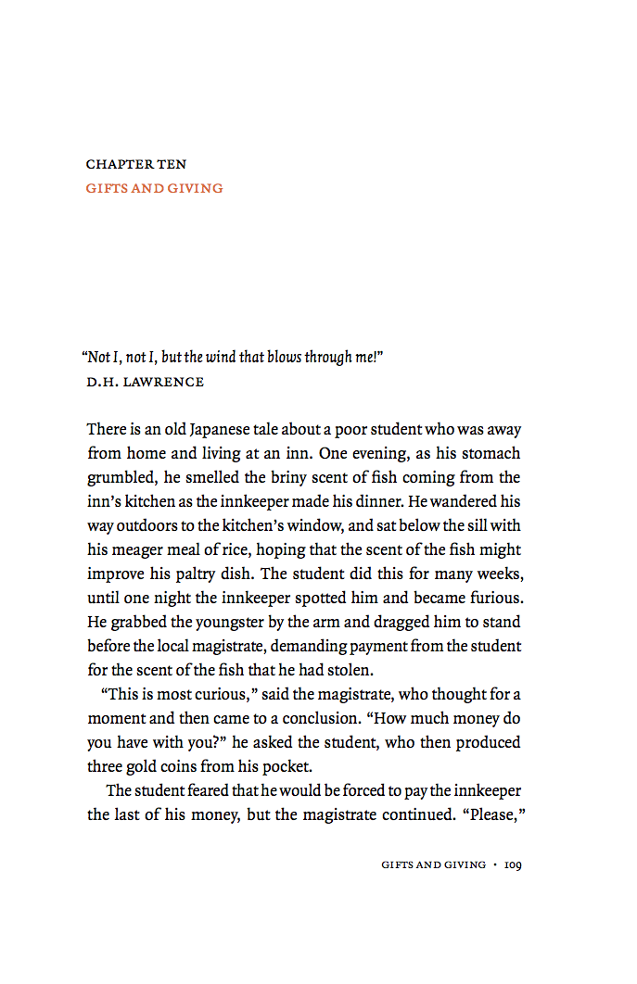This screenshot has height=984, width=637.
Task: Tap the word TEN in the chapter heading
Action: pos(172,164)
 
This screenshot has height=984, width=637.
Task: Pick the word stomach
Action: pos(490,454)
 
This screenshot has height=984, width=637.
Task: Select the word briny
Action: pos(288,478)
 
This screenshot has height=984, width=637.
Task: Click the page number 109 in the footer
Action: pos(514,864)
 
